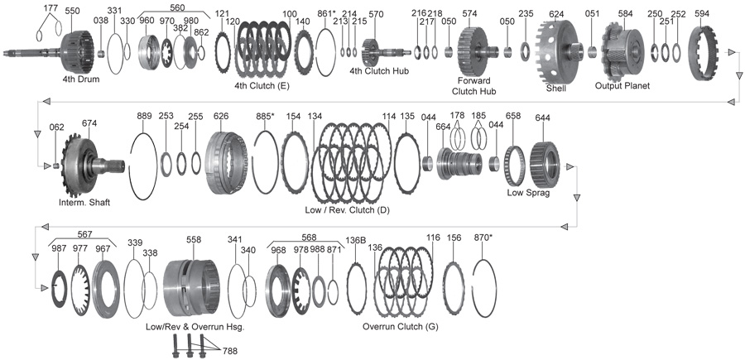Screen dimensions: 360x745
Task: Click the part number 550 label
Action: click(x=73, y=12)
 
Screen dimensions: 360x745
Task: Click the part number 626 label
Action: click(x=221, y=117)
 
